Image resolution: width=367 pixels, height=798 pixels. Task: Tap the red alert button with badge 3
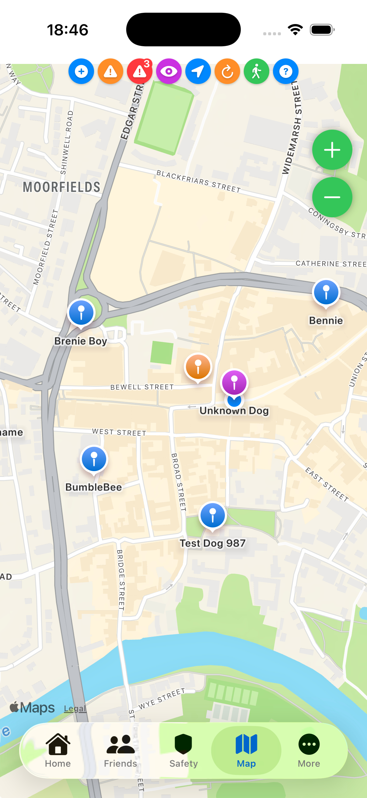pos(140,72)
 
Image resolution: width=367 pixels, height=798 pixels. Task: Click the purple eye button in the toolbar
pos(169,72)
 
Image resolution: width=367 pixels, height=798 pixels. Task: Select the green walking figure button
pos(256,72)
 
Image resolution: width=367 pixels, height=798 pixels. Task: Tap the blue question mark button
pos(285,72)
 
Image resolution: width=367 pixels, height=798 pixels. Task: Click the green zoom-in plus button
pos(332,150)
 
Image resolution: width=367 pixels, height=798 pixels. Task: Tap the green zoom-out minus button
pos(332,197)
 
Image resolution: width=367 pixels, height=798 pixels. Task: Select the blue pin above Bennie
pos(326,292)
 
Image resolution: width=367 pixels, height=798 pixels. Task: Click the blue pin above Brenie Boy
pos(81,313)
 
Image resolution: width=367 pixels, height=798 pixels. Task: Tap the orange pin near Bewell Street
pos(198,367)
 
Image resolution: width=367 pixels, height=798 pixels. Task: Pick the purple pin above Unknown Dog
pos(234,383)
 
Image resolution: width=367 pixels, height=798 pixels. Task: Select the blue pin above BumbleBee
pos(94,459)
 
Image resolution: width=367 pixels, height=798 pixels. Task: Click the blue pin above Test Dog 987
pos(212,515)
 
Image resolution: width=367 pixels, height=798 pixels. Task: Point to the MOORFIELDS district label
pos(62,187)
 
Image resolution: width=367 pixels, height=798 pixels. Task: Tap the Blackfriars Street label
pos(198,181)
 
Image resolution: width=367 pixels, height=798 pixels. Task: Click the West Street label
pos(119,432)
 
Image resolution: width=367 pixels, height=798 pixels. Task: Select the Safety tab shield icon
pos(183,744)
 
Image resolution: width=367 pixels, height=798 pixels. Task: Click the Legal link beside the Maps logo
pos(75,709)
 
